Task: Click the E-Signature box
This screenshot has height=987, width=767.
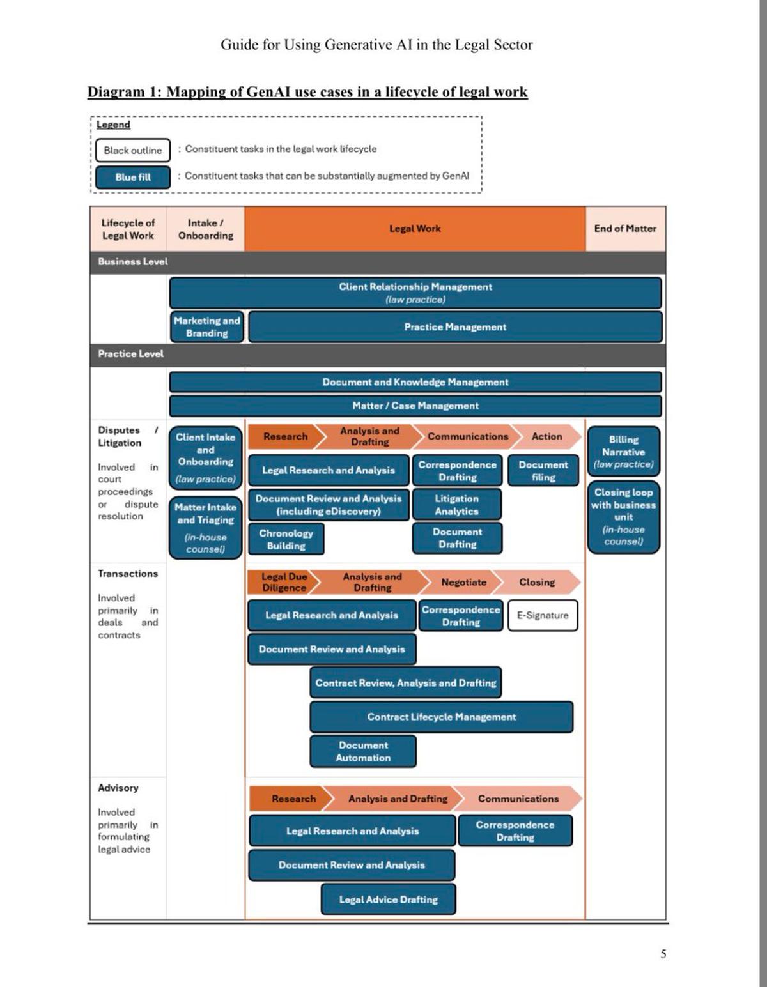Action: [x=543, y=615]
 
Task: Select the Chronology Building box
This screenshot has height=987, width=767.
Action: [x=286, y=539]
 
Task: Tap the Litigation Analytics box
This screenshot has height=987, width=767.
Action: [x=456, y=505]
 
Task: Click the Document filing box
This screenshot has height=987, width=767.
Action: [x=543, y=471]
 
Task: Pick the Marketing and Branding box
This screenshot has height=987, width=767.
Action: [x=206, y=327]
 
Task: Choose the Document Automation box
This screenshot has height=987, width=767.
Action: [x=363, y=751]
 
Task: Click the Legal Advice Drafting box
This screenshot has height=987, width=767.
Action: [x=388, y=899]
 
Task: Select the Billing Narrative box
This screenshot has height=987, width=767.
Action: [x=623, y=452]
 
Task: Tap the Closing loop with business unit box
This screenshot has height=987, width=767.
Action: [x=623, y=517]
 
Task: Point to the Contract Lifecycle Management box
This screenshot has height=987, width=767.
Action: [x=441, y=717]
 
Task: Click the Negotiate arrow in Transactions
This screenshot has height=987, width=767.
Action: [x=463, y=582]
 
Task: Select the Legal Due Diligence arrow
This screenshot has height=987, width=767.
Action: [x=284, y=582]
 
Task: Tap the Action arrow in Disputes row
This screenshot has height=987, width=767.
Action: [x=546, y=436]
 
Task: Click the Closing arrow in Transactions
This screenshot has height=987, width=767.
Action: [x=537, y=582]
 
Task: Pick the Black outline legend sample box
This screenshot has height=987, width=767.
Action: [x=133, y=150]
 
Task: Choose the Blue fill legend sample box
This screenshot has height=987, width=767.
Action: [x=133, y=177]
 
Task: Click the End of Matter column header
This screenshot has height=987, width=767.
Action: [x=625, y=228]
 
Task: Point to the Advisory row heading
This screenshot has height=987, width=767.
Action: [x=118, y=788]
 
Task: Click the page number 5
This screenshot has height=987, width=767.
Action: [x=663, y=954]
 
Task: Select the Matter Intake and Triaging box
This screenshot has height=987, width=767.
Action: [x=205, y=528]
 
